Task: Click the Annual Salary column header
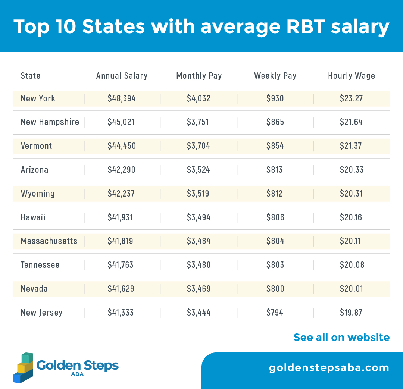pyautogui.click(x=122, y=76)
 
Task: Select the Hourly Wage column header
pyautogui.click(x=351, y=76)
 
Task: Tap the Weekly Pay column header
pyautogui.click(x=275, y=76)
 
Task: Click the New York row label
pyautogui.click(x=38, y=98)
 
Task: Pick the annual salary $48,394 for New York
pyautogui.click(x=122, y=98)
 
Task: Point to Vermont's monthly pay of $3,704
pyautogui.click(x=199, y=146)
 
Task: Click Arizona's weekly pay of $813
pyautogui.click(x=275, y=170)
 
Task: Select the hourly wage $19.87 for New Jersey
pyautogui.click(x=351, y=313)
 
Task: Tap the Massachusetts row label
pyautogui.click(x=49, y=241)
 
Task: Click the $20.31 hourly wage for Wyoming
pyautogui.click(x=351, y=194)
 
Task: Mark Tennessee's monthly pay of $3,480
pyautogui.click(x=199, y=265)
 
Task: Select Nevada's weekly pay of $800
pyautogui.click(x=275, y=289)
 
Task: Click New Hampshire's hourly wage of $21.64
pyautogui.click(x=351, y=122)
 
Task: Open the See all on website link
pyautogui.click(x=341, y=337)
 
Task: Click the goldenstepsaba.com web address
pyautogui.click(x=329, y=368)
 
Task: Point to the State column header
pyautogui.click(x=31, y=76)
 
